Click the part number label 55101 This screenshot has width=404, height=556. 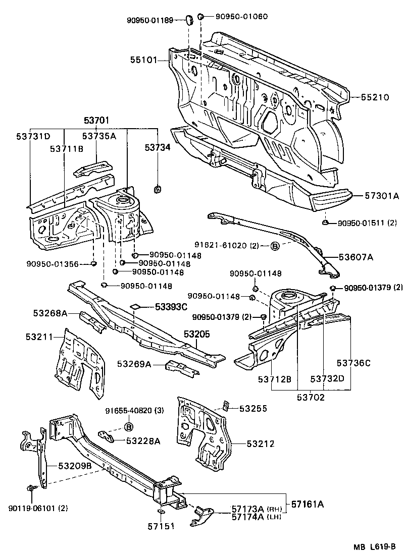point(143,60)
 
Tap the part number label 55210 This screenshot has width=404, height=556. point(375,97)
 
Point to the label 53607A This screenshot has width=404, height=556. point(356,257)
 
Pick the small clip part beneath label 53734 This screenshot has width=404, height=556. point(157,190)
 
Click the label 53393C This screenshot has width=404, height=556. point(171,306)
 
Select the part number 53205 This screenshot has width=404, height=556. point(196,334)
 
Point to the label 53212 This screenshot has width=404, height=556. point(261,444)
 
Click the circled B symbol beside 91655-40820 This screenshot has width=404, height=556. point(128,427)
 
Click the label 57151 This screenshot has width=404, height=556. point(161,526)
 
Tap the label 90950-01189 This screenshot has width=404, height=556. point(150,20)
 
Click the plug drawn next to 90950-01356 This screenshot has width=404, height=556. point(94,263)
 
